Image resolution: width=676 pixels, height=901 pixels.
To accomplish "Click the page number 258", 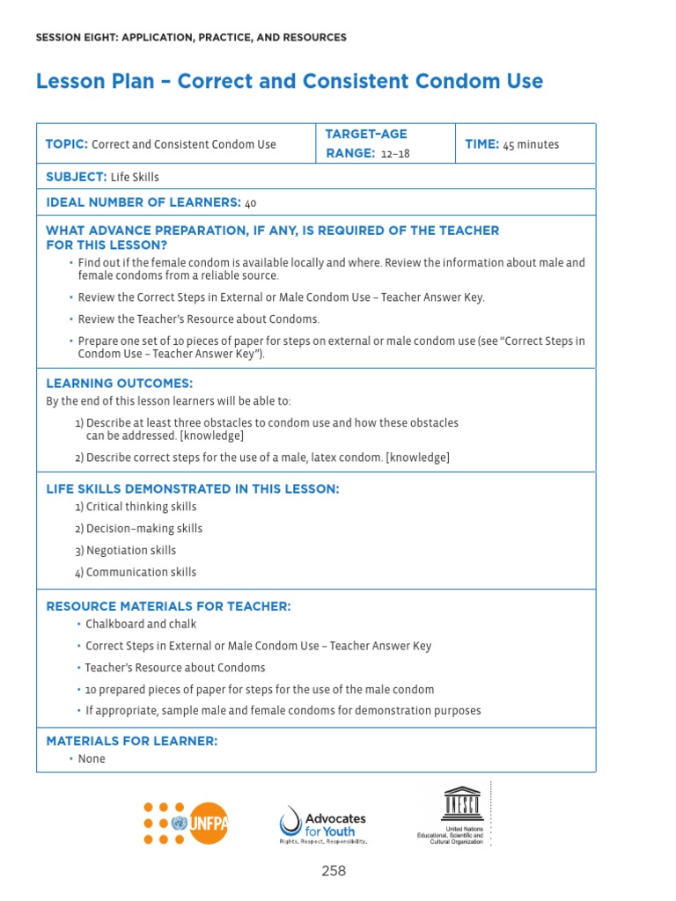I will coord(334,871).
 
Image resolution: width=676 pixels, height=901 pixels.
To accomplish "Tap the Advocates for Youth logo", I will coord(322,824).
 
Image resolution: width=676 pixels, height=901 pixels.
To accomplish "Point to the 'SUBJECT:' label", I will coord(77,177).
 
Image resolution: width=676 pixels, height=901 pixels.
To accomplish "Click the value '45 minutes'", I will coord(531,144).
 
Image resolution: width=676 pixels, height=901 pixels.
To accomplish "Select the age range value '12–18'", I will coord(395,153).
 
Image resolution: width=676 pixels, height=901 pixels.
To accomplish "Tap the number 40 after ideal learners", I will coord(251,203).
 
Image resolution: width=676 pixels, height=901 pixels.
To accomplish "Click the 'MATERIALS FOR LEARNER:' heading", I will coord(131,741).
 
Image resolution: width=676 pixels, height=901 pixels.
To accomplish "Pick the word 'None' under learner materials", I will coord(92,758).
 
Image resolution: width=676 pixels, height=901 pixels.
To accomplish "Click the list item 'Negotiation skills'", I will coord(130,550).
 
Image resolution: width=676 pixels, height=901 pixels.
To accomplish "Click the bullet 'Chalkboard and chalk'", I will coord(141,624).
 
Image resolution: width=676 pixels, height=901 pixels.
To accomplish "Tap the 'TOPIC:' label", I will coord(67,144).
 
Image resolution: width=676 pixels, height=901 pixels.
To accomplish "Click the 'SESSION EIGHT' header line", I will coord(190,38).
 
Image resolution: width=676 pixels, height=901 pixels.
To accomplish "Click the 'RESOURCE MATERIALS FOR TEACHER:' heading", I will coord(168,606).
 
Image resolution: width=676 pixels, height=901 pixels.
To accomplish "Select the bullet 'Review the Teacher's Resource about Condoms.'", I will coord(198,319).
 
